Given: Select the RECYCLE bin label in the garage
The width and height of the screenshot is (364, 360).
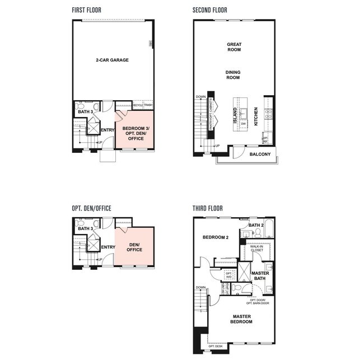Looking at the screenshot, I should (x=138, y=105).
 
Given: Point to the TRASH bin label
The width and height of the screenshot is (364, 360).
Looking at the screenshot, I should (x=148, y=105).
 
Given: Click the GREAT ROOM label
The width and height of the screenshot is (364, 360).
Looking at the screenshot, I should (x=234, y=48).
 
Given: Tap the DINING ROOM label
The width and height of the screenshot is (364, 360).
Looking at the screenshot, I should (x=233, y=75).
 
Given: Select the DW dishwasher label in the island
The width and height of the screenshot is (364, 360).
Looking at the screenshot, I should (x=244, y=123).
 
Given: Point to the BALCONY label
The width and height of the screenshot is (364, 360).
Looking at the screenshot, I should (x=260, y=154).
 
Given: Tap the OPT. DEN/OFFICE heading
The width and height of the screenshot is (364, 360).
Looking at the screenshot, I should (x=91, y=208).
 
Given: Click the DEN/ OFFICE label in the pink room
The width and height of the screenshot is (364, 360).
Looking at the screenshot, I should (x=134, y=247).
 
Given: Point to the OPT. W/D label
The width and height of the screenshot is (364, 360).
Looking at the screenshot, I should (x=228, y=275).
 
